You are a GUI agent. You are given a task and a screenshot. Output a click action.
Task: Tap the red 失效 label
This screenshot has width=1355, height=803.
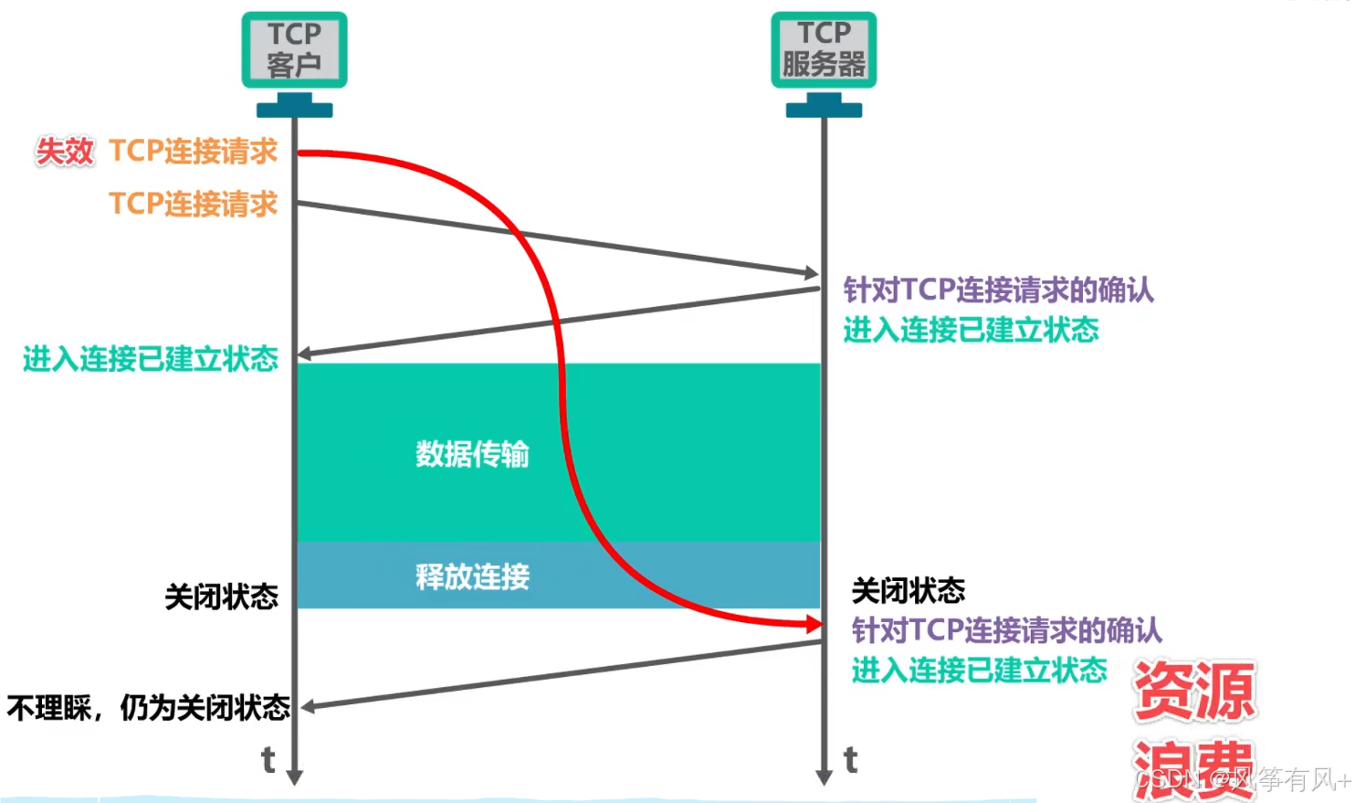(65, 152)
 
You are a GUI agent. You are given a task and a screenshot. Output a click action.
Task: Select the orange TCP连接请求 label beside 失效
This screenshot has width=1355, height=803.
(193, 152)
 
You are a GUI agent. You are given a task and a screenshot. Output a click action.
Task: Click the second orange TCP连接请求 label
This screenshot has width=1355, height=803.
(193, 204)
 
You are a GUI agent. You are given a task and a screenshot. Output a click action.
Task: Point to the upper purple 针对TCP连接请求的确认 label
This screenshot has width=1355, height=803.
(998, 291)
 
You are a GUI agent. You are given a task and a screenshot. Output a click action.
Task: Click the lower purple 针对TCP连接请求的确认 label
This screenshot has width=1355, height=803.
(1006, 630)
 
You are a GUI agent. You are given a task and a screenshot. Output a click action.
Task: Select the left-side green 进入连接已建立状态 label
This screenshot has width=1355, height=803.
(151, 359)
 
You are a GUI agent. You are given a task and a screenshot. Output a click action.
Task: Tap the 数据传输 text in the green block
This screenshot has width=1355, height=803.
(472, 454)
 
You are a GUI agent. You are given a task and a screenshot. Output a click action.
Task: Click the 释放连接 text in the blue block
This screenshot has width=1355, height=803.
(472, 576)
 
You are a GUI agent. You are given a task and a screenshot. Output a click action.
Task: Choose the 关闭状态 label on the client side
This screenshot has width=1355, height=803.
(222, 597)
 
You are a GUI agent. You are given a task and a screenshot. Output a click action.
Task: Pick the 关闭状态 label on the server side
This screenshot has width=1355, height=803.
(908, 591)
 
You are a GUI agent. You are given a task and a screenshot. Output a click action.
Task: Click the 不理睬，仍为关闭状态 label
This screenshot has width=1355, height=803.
(148, 708)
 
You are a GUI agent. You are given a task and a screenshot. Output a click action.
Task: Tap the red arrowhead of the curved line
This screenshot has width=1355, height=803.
(813, 624)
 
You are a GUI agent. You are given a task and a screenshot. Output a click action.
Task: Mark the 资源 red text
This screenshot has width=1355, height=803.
(1194, 692)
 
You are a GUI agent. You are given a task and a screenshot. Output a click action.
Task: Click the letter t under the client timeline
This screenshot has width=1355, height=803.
(268, 760)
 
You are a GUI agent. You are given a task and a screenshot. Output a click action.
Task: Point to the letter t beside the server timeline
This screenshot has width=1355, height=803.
(851, 760)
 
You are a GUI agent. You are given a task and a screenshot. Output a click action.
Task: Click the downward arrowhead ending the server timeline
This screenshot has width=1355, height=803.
(824, 777)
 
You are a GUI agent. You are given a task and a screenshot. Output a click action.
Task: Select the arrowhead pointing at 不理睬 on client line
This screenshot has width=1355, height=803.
(309, 706)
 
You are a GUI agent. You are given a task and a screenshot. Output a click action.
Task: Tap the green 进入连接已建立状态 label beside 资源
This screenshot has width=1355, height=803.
(979, 671)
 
